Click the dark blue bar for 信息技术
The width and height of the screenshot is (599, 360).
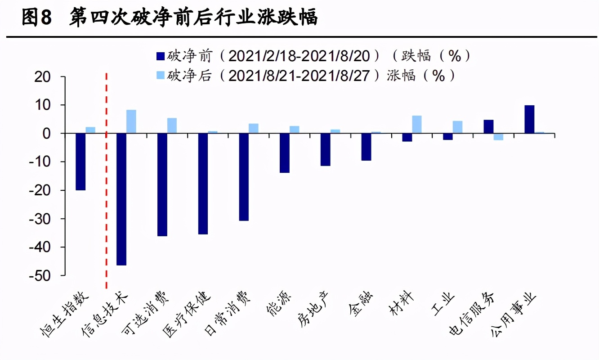(x=121, y=199)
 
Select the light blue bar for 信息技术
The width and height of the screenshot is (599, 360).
(x=131, y=121)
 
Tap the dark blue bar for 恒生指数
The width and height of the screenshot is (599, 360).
(x=80, y=162)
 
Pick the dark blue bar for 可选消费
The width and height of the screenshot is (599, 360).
(x=162, y=184)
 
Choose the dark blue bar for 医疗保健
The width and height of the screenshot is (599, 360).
(x=203, y=184)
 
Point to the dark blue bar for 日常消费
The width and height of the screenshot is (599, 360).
(x=244, y=177)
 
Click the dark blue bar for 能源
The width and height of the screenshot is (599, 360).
(x=285, y=153)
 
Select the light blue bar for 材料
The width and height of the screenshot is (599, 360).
(x=417, y=125)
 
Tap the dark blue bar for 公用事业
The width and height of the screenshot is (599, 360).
(x=529, y=119)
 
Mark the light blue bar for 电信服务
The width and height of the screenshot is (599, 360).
(x=498, y=137)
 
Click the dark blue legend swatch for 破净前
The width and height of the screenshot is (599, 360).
(x=160, y=56)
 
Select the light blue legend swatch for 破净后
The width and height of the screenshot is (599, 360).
(x=160, y=76)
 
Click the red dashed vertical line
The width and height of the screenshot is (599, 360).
(x=106, y=180)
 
